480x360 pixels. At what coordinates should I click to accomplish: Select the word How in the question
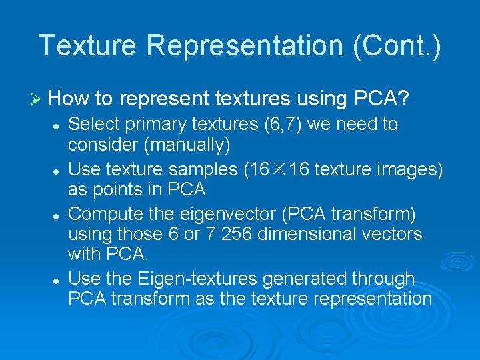click(69, 99)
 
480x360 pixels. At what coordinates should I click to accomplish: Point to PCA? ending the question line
click(377, 99)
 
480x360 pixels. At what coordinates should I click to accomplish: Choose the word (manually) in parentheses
click(188, 144)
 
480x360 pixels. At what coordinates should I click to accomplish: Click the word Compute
click(101, 215)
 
